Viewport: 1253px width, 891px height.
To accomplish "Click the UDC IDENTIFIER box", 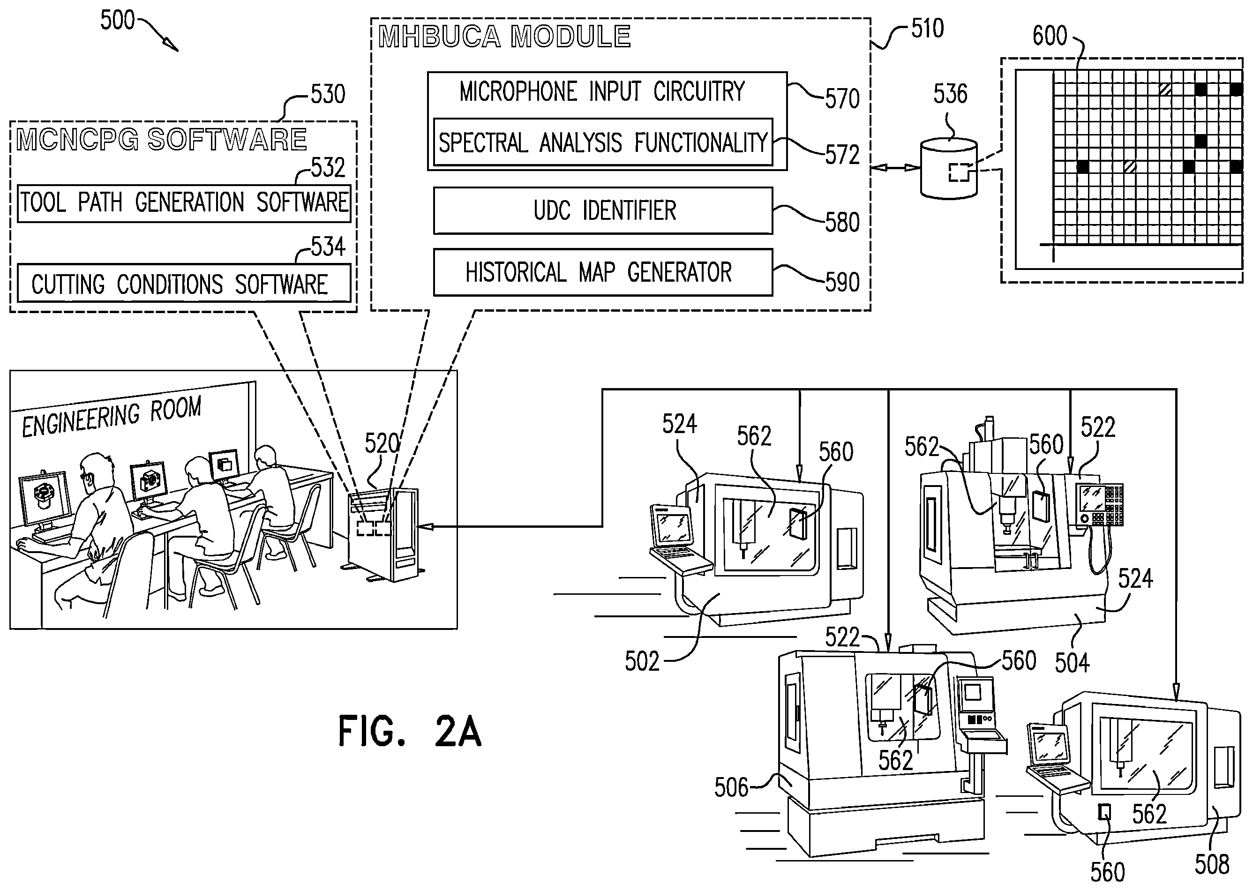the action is [603, 210].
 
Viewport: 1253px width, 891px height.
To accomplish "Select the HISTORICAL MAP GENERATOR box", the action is [603, 272].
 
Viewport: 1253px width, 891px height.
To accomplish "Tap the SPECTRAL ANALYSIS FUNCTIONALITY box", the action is [603, 142].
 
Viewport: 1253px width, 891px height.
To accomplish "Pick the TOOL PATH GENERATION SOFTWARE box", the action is [184, 203].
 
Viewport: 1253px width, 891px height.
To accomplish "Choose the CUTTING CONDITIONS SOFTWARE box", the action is [184, 283].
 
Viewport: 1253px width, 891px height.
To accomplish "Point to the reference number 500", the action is [117, 20].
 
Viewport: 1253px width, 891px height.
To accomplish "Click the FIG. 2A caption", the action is [410, 731].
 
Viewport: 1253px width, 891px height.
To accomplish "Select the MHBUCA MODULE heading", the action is [505, 37].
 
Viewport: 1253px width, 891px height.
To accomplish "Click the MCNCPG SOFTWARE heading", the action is [162, 139].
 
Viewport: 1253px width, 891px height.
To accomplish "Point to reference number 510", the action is [927, 29].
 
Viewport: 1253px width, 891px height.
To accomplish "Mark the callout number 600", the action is [1050, 36].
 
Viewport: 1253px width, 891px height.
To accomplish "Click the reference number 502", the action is [642, 662].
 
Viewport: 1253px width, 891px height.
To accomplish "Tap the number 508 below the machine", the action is [1212, 865].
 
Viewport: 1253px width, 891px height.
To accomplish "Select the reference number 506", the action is [731, 788].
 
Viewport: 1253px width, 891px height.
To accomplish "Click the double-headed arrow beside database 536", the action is [895, 168].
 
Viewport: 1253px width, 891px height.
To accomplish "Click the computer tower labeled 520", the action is [384, 534].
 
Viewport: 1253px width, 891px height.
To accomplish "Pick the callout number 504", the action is [1072, 663].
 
